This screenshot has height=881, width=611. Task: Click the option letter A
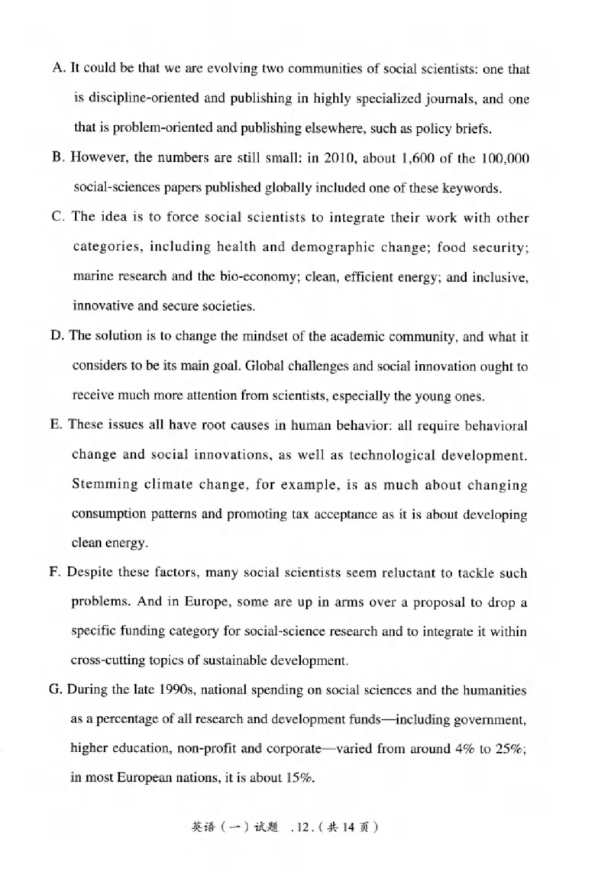coord(58,69)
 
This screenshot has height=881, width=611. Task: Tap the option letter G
coord(55,690)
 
